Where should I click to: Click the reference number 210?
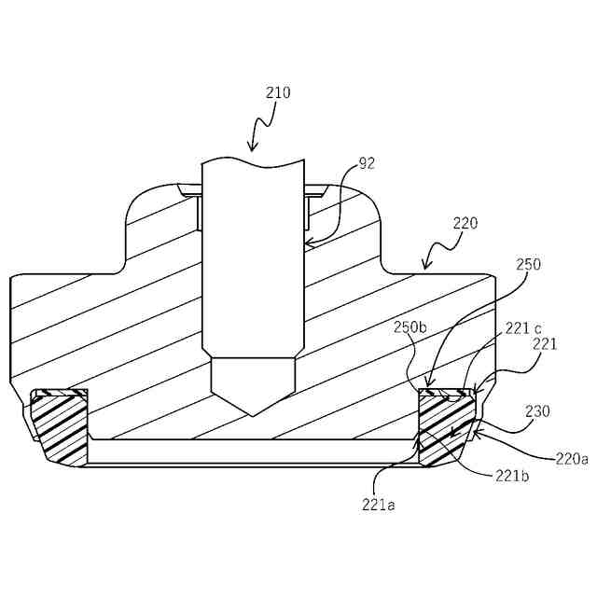tap(278, 92)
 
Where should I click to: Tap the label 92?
tap(367, 162)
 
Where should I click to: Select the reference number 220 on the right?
tap(465, 223)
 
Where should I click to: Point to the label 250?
tap(527, 264)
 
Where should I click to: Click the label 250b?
tap(410, 327)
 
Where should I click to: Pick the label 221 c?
tap(524, 327)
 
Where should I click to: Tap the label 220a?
tap(571, 458)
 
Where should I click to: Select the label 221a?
tap(379, 505)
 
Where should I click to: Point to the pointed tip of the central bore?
tap(253, 415)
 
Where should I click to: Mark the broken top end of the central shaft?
tap(254, 160)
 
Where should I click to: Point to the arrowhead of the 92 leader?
tap(309, 244)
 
